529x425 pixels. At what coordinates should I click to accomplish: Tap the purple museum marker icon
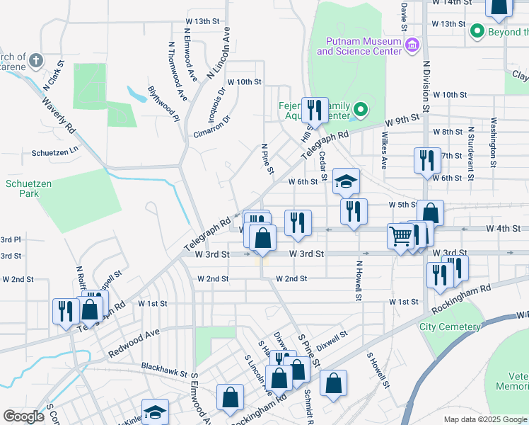pyautogui.click(x=412, y=46)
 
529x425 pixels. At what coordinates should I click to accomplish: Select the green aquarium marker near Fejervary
pyautogui.click(x=360, y=110)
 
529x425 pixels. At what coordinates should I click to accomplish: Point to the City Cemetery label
pyautogui.click(x=450, y=327)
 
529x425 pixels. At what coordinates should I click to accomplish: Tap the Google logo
pyautogui.click(x=24, y=416)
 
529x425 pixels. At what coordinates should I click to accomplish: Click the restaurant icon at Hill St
pyautogui.click(x=315, y=110)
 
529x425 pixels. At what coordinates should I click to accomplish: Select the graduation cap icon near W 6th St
pyautogui.click(x=346, y=182)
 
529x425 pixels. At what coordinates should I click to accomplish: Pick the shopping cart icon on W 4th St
pyautogui.click(x=401, y=235)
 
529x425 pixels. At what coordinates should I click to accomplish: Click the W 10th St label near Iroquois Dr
pyautogui.click(x=245, y=82)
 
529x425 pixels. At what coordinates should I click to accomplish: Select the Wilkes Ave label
pyautogui.click(x=385, y=149)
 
